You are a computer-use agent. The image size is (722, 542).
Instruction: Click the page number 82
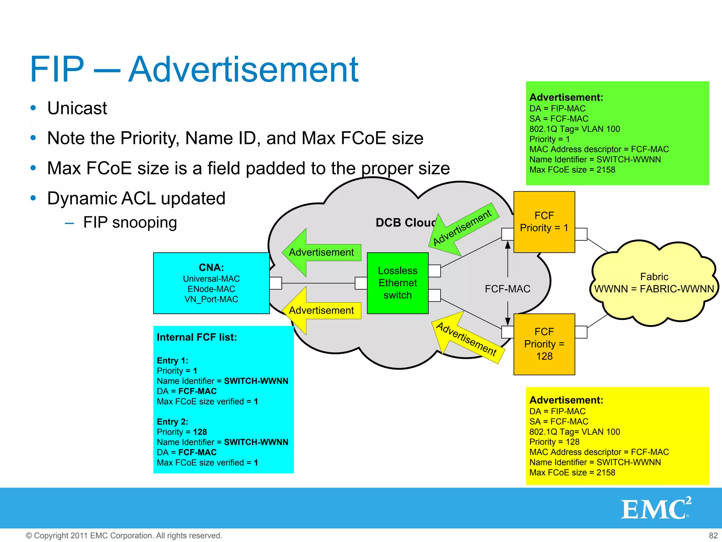pos(713,535)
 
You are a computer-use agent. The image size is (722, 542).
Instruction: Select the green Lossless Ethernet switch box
pos(397,283)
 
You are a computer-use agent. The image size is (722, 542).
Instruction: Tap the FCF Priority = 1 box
pos(544,222)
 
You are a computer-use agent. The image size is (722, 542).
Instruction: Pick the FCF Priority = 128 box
pos(544,344)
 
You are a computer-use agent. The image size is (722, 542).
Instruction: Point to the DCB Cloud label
pos(405,223)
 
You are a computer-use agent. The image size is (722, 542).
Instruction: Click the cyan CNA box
pos(211,283)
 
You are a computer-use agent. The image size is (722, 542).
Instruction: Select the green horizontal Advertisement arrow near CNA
pos(321,252)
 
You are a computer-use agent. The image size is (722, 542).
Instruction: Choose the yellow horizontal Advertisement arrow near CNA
pos(321,311)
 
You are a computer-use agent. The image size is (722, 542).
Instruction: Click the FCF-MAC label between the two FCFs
pos(507,289)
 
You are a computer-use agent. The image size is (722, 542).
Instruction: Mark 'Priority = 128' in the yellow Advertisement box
pos(554,442)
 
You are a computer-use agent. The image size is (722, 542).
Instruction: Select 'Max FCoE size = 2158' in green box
pos(572,170)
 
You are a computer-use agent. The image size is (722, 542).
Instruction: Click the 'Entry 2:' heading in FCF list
pos(172,422)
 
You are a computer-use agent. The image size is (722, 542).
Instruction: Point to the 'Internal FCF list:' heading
pos(197,337)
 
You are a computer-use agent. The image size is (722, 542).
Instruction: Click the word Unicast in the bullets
pos(77,108)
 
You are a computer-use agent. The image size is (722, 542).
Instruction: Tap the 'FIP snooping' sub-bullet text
pos(130,223)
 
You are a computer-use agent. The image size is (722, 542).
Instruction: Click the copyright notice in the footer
pos(124,535)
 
